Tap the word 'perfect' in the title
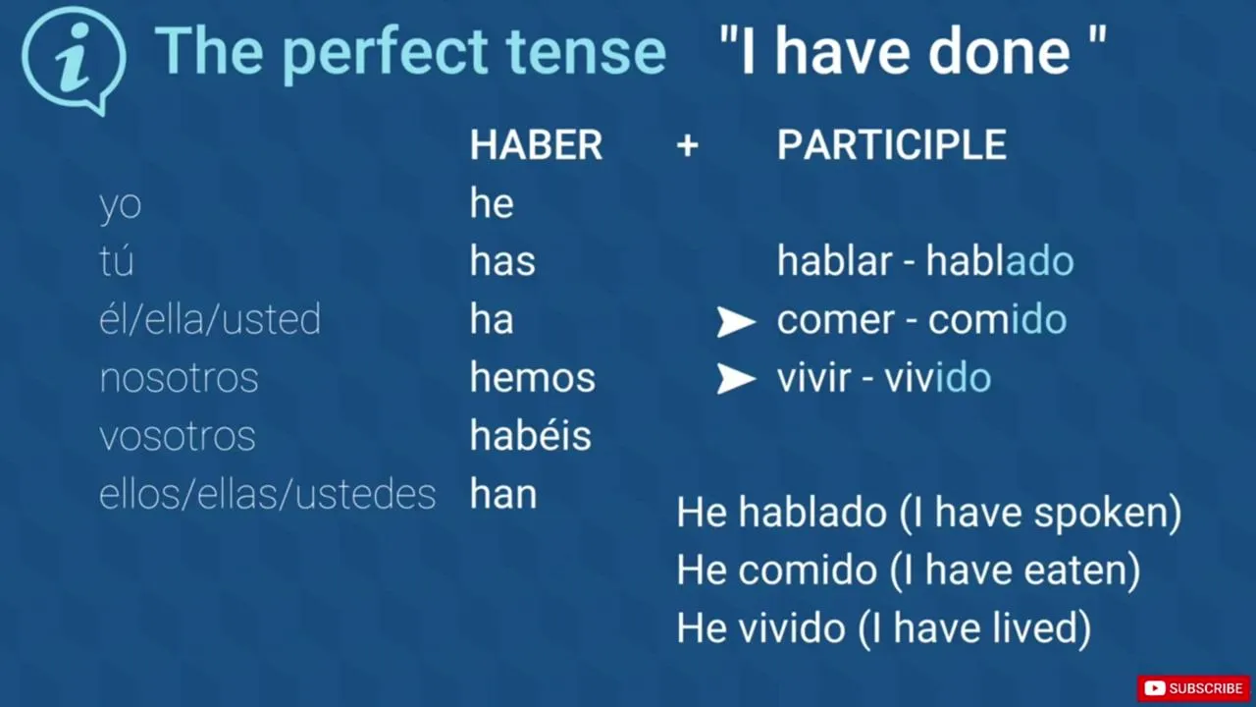tap(384, 53)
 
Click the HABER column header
tap(536, 144)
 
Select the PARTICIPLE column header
tap(892, 144)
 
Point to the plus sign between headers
tap(688, 146)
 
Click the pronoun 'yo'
tap(120, 205)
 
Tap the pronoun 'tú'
tap(117, 260)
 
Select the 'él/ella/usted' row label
tap(210, 319)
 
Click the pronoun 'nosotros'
tap(179, 378)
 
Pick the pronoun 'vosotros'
tap(178, 436)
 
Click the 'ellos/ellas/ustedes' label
tap(268, 494)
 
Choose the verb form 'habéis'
tap(531, 434)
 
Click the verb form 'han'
tap(503, 494)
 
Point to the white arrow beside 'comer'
tap(736, 321)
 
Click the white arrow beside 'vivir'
tap(736, 379)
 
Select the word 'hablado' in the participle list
tap(1000, 261)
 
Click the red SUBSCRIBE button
tap(1193, 688)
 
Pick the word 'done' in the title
tap(1000, 52)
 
